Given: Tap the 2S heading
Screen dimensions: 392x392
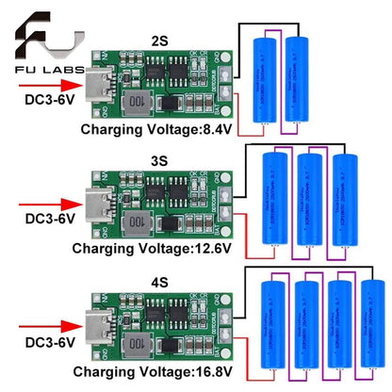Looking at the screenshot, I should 159,41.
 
